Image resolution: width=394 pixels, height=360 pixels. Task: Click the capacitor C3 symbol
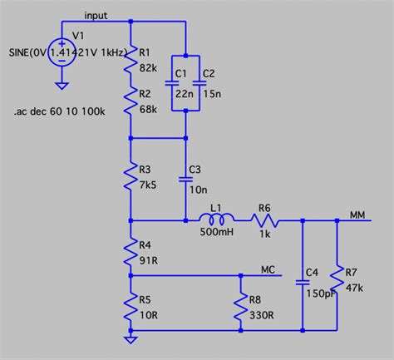pos(185,178)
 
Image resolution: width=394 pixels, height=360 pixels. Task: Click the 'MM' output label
pos(358,215)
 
